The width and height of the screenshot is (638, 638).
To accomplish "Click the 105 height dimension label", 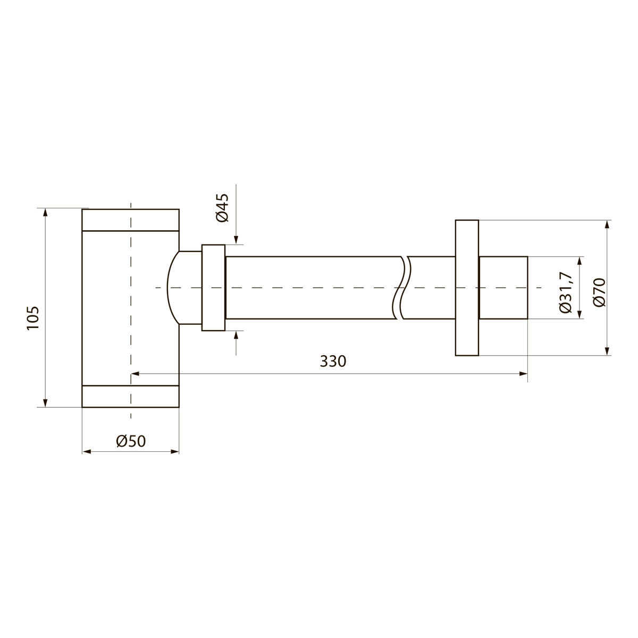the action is coord(33,318).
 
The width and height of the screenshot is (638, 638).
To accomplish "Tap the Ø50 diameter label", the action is coord(131,441).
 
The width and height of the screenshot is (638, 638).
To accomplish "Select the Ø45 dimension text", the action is coord(222,207).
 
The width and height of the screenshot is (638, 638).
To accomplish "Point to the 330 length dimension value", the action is coord(333,361).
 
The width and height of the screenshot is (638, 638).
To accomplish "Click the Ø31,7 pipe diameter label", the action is coord(565,292).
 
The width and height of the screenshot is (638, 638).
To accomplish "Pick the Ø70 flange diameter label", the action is coord(600,292).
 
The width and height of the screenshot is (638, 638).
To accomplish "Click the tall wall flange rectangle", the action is coord(467,288).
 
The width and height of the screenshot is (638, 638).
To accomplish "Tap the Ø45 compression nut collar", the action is coord(213,288).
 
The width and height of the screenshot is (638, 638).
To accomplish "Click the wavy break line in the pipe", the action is coord(401,288).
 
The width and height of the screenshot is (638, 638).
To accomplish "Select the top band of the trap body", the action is coord(130,220).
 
